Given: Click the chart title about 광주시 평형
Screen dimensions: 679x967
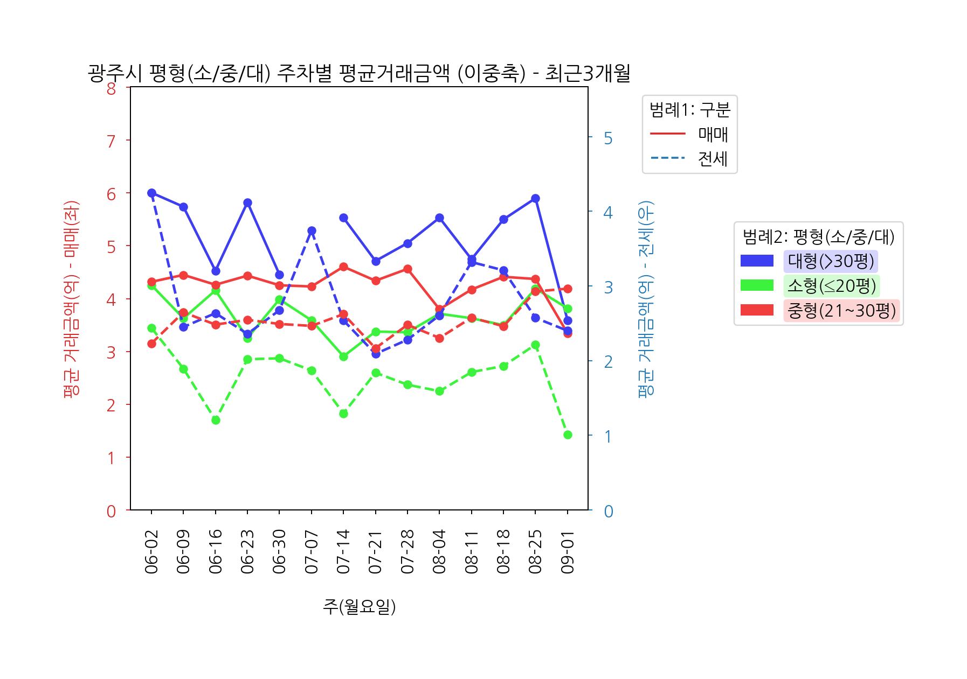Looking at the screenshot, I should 358,74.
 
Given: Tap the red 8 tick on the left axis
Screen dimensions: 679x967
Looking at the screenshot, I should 111,88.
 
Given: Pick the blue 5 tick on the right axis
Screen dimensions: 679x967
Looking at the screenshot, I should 608,138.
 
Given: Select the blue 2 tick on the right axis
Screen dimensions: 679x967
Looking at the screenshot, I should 608,361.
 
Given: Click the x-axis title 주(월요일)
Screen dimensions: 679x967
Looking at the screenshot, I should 359,606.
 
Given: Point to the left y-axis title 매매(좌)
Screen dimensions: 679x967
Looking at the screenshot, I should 71,298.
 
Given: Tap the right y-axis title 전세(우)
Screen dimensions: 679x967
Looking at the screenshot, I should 645,298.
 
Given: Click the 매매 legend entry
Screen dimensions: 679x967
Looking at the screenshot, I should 713,134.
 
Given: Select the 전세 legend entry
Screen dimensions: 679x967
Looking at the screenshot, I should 713,159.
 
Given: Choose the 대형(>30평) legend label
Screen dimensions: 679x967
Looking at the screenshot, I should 831,261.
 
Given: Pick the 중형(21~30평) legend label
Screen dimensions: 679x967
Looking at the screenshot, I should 841,311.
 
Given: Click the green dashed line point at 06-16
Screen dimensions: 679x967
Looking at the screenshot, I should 216,420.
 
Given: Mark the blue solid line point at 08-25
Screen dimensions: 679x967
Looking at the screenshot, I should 535,199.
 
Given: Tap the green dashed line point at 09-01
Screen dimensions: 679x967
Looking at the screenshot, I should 568,435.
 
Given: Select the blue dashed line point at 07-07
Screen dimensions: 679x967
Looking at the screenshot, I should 312,231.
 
